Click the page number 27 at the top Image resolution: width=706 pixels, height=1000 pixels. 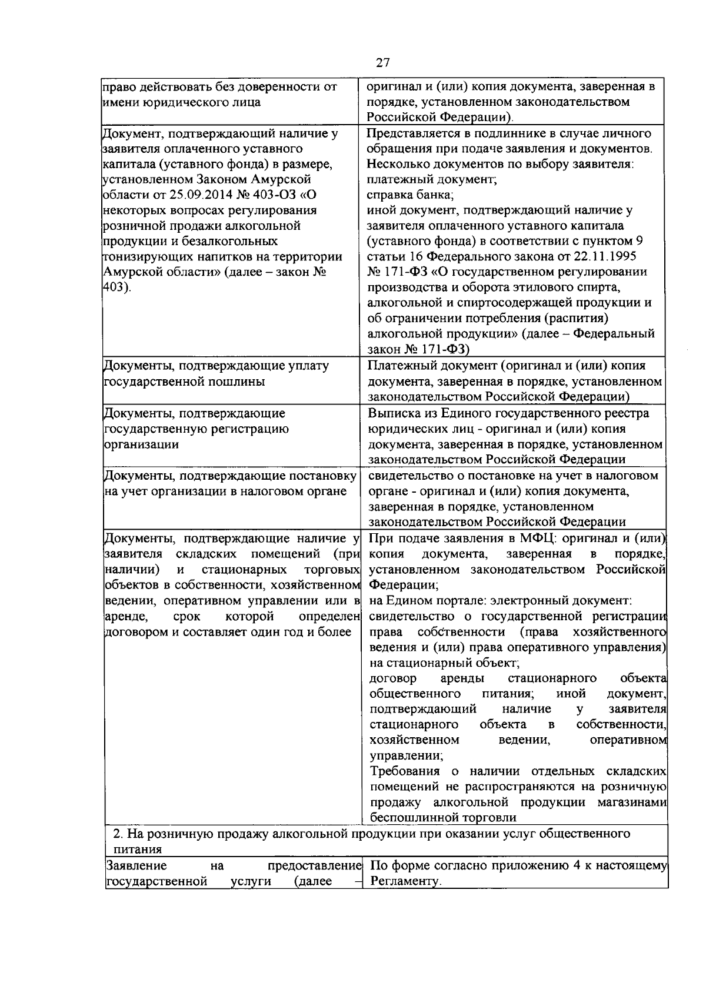[383, 62]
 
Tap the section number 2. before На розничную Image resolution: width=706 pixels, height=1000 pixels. [117, 834]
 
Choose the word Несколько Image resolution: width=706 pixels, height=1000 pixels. [397, 164]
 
